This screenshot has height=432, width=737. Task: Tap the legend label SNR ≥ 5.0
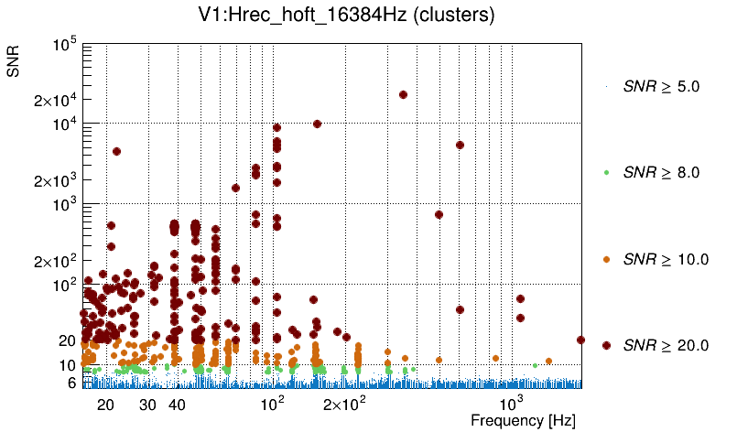[661, 87]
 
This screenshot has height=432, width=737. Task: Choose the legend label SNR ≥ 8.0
[661, 172]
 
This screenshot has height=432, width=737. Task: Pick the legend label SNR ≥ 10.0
[666, 259]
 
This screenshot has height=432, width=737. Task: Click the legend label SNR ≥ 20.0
[666, 345]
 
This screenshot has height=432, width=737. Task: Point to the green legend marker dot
[606, 173]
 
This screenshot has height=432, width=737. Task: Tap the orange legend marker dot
[606, 259]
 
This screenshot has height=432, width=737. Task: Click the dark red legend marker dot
[606, 345]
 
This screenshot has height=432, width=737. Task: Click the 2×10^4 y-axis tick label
[54, 100]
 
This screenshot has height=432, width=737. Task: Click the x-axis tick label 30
[147, 405]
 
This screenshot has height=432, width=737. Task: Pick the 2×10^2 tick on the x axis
[345, 405]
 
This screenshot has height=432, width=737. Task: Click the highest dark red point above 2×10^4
[403, 94]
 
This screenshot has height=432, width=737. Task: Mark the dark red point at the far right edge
[580, 340]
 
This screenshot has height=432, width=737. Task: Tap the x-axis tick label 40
[178, 405]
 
